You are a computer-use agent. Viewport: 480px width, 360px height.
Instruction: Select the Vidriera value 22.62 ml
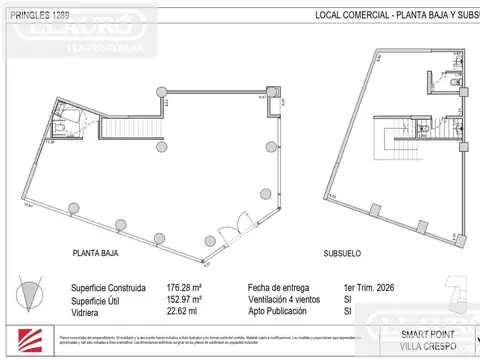[182, 311]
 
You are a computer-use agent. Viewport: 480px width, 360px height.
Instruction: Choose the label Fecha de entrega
[279, 288]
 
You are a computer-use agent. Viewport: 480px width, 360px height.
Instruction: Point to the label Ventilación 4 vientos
[290, 299]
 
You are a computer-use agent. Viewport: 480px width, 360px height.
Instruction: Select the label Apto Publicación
[283, 311]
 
